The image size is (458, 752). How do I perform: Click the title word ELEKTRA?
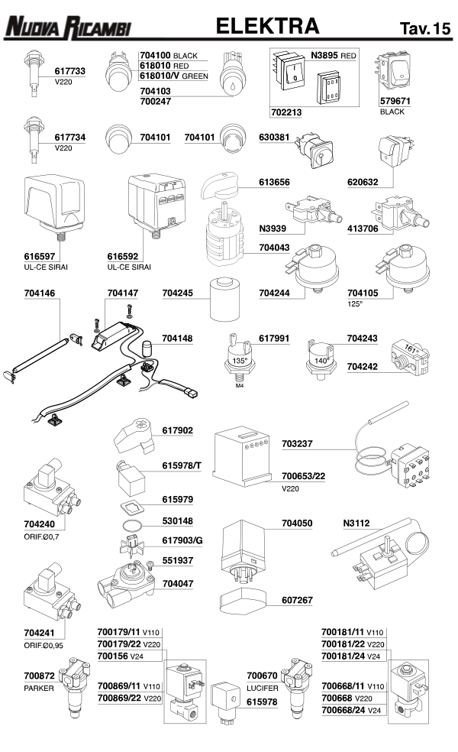click(267, 27)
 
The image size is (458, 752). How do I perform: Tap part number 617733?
click(69, 71)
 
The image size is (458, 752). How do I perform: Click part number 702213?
click(286, 112)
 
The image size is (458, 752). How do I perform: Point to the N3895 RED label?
click(334, 56)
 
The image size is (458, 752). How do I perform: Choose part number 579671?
click(395, 101)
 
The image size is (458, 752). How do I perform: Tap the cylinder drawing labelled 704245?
click(223, 301)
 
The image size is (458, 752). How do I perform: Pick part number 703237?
click(298, 442)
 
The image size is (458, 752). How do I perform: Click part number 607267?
click(297, 600)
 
